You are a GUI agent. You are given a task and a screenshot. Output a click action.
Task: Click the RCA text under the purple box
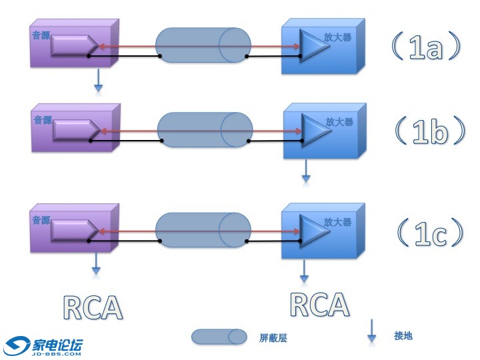click(93, 307)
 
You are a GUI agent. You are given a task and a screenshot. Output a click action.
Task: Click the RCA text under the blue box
click(320, 304)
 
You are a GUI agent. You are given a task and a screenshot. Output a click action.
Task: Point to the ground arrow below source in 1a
click(98, 79)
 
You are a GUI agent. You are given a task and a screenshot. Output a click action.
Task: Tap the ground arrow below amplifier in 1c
click(305, 269)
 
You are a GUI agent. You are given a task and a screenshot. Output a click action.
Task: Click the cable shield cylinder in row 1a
click(203, 45)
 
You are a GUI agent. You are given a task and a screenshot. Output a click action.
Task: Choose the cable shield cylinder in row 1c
click(203, 231)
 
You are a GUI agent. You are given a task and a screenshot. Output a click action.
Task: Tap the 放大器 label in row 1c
click(337, 222)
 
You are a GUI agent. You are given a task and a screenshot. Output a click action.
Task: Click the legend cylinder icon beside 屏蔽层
click(218, 337)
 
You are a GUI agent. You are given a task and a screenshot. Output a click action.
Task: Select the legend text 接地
click(403, 335)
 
